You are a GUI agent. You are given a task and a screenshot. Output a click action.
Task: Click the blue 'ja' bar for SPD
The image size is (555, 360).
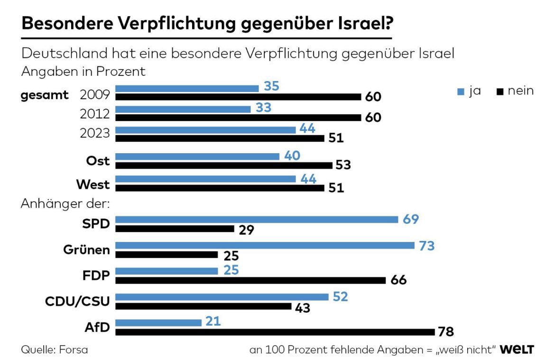pos(257,219)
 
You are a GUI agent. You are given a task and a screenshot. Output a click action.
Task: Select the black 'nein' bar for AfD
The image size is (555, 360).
pos(275,332)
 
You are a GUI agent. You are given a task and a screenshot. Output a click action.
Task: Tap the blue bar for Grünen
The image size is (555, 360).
pos(265,245)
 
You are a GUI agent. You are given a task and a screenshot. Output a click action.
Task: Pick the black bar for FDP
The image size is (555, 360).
pos(250,280)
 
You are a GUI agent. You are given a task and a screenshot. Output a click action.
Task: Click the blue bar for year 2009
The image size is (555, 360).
pos(187,88)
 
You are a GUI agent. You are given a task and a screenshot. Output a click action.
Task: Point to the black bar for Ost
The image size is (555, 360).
pos(224,165)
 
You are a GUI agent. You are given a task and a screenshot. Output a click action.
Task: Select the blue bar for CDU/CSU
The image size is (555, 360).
pos(222,297)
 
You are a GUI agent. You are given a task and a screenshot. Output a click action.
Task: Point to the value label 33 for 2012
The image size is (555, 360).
pos(263,108)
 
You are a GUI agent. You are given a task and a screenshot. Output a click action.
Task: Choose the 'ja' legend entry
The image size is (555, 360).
pos(469,91)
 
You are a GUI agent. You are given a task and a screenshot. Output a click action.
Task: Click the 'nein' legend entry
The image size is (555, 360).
pos(515,91)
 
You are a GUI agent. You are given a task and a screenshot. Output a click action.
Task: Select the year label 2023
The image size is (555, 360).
pos(95,133)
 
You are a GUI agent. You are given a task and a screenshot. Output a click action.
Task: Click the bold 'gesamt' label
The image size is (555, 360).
pos(45,95)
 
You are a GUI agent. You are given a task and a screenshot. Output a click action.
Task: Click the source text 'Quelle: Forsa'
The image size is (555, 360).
pos(55,350)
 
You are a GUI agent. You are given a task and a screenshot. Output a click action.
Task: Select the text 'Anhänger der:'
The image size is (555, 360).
pos(65,204)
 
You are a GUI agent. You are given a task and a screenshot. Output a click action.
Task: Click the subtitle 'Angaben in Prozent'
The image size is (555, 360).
pos(83,72)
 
